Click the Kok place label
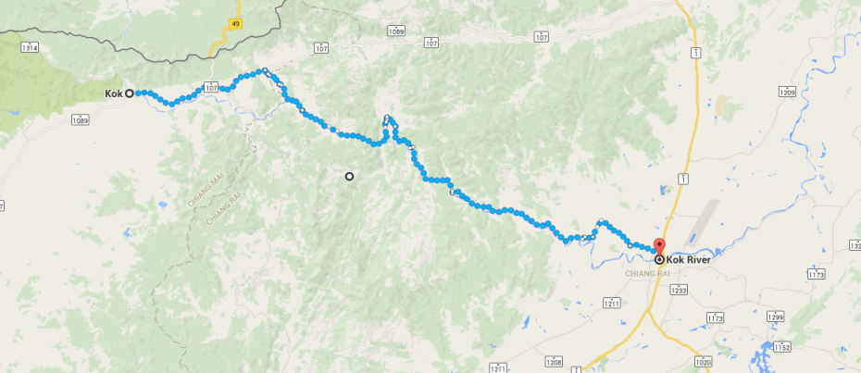tap(113, 93)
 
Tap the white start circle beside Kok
tap(130, 93)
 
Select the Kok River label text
tap(689, 260)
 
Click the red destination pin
tap(658, 246)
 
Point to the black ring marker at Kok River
tap(659, 260)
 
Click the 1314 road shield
tap(31, 46)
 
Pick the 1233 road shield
tap(680, 290)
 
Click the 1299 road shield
tap(776, 317)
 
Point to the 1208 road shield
tap(554, 361)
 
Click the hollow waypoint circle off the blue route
tap(349, 176)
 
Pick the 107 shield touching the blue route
tap(210, 87)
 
